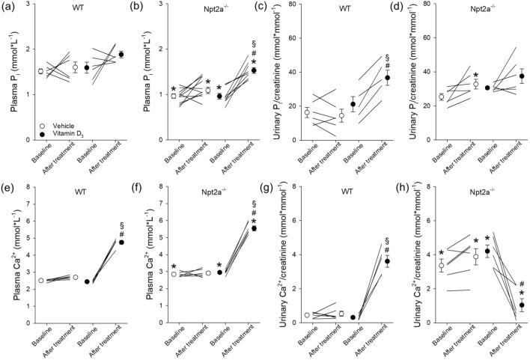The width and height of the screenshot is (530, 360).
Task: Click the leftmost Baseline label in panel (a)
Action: (x=40, y=153)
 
